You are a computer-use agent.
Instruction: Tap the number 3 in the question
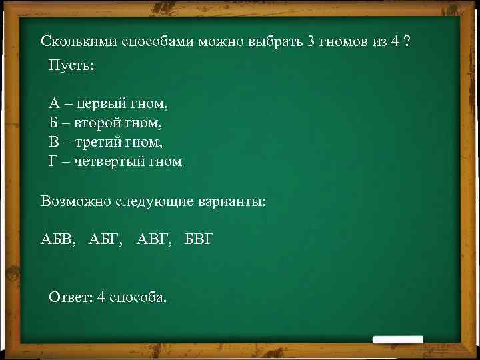click(311, 41)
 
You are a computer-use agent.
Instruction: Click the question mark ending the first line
click(407, 41)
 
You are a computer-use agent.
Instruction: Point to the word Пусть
click(71, 66)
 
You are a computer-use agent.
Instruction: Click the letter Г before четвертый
click(53, 161)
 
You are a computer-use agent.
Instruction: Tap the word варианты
click(231, 201)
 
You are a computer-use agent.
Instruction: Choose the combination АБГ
click(105, 239)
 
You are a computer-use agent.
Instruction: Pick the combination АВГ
click(153, 239)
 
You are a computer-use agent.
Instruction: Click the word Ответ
click(71, 297)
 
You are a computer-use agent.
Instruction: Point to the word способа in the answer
click(138, 297)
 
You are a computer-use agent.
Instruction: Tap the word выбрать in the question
click(275, 41)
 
